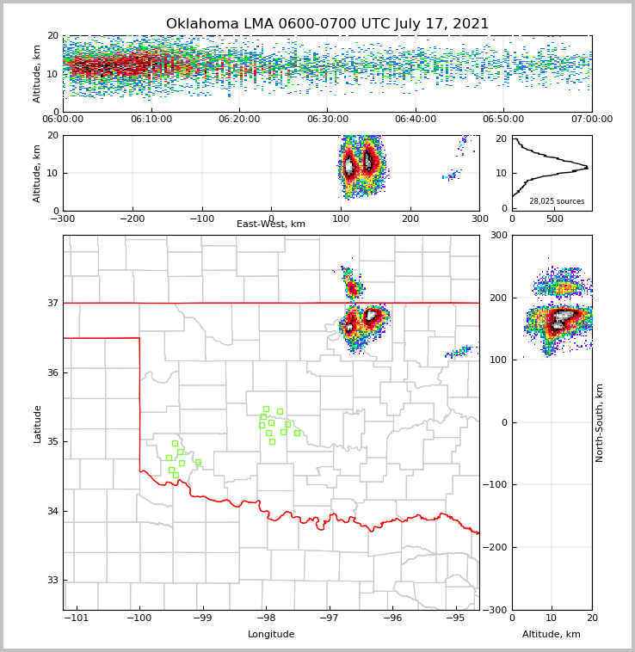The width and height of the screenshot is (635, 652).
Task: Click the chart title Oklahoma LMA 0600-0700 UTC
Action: pos(327,24)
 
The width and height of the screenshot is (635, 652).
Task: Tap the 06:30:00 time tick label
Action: pos(328,120)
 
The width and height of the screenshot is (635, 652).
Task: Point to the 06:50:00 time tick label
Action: pos(503,120)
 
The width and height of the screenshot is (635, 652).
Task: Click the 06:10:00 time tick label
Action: pos(151,120)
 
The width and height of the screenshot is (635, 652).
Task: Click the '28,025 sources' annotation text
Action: pos(557,201)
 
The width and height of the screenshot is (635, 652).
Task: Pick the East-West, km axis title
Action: pos(271,225)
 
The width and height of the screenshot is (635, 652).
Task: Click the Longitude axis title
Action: pos(271,635)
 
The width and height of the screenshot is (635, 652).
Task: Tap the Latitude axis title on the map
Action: pos(38,423)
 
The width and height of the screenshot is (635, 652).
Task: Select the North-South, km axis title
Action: pos(600,422)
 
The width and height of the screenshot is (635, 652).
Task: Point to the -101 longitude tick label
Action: pos(77,618)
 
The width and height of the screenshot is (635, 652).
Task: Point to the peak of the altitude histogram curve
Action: pos(588,166)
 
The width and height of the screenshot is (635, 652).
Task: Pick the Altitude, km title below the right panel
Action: pos(552,635)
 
